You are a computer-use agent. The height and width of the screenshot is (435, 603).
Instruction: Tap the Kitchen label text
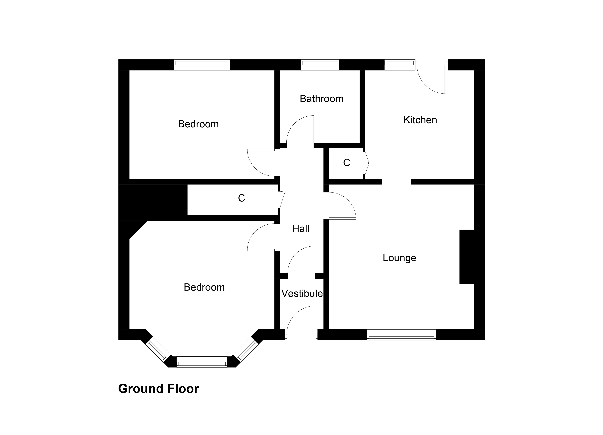[420, 120]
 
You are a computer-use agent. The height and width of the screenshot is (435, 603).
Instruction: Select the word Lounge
[399, 258]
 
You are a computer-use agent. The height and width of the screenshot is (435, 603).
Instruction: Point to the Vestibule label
[302, 294]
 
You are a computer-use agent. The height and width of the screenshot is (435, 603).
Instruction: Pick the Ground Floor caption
[158, 389]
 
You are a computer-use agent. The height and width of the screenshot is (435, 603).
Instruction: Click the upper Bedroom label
[198, 124]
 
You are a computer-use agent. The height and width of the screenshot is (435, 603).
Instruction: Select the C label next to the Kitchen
[346, 163]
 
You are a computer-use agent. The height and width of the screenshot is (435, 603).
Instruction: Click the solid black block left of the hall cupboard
[153, 200]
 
